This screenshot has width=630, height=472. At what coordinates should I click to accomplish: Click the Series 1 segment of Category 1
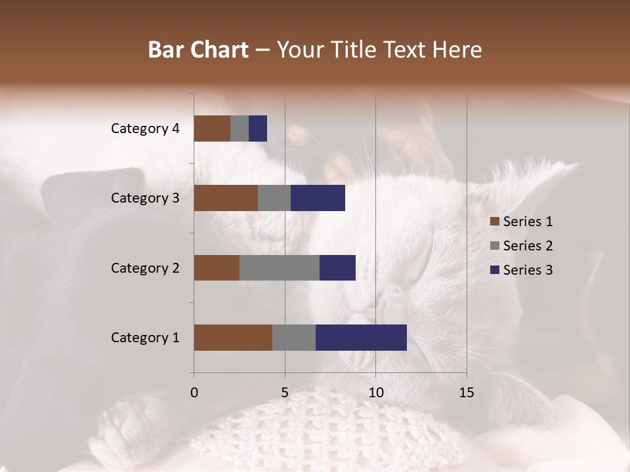(x=233, y=338)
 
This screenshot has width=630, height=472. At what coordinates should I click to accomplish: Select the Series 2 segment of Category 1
(x=294, y=338)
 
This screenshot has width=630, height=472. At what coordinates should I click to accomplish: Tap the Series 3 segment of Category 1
(x=361, y=338)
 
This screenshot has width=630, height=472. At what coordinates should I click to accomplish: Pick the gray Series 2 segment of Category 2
(x=280, y=267)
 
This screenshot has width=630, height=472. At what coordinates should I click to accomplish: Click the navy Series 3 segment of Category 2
(x=337, y=267)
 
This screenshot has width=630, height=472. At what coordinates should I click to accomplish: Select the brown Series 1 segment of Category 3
(x=226, y=198)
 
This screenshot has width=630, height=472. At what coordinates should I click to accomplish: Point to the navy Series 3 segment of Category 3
(x=318, y=198)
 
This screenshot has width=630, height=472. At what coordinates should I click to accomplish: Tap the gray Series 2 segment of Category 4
(x=240, y=128)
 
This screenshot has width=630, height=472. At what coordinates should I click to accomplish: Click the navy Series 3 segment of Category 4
(x=258, y=128)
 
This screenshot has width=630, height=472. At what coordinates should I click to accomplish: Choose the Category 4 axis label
(x=145, y=128)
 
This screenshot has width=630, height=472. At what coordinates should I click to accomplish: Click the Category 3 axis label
(x=145, y=198)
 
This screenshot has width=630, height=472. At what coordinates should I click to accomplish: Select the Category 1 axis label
(x=145, y=338)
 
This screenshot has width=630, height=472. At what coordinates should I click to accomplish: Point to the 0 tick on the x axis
(x=194, y=393)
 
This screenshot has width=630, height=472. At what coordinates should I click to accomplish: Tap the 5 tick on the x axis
(x=285, y=393)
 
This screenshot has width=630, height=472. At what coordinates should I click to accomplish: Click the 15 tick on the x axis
(x=467, y=393)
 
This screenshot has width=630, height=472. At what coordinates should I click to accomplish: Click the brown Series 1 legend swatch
(x=494, y=222)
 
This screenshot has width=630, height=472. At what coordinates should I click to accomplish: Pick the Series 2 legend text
(x=528, y=246)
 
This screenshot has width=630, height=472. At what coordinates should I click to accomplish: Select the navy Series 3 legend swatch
(x=494, y=270)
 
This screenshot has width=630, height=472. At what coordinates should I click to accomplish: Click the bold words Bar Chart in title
(x=198, y=50)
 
